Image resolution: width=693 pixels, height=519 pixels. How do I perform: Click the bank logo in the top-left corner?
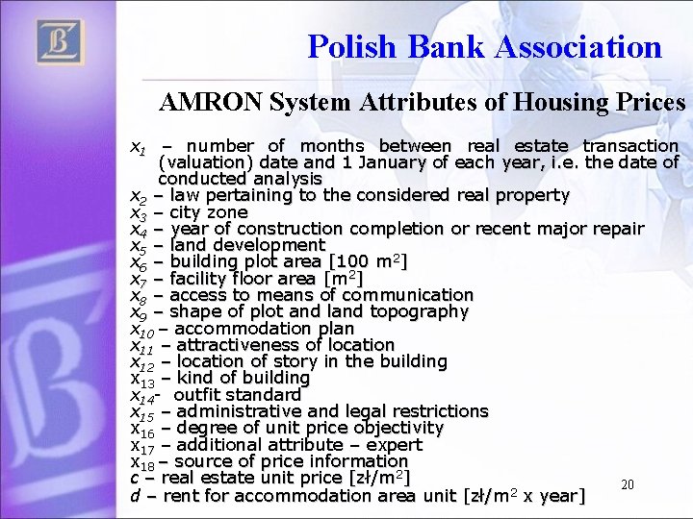click(61, 43)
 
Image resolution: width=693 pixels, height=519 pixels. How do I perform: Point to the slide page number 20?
click(627, 485)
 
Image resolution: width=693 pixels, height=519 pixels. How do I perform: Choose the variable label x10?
click(142, 329)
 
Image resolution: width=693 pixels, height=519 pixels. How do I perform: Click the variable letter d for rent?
click(136, 496)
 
